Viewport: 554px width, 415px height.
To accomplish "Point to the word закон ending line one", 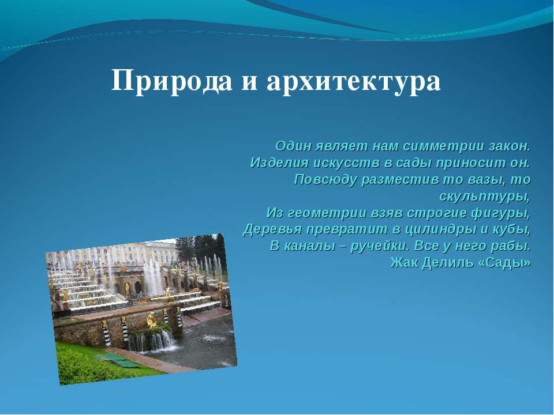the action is coord(510,146).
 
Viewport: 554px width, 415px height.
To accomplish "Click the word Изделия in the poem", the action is coord(279,163).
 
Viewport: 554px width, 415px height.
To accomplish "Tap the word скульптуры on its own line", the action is coord(485,197).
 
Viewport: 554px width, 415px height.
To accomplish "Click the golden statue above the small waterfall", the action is coord(152,320).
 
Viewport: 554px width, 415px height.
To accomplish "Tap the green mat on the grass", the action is coord(117,360).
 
